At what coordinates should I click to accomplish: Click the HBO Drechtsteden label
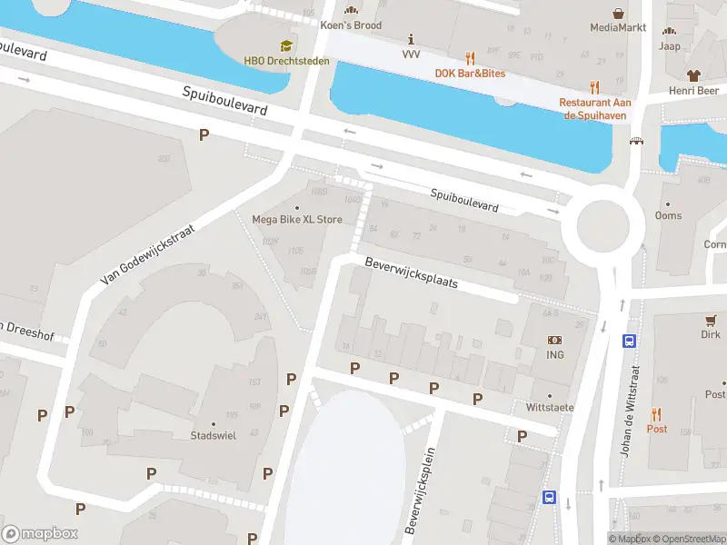[x=286, y=61]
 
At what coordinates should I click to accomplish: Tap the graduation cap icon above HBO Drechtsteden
[x=286, y=45]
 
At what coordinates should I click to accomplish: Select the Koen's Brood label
[x=351, y=25]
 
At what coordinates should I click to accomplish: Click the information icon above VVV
[x=412, y=39]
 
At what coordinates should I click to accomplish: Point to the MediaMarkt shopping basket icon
[x=619, y=14]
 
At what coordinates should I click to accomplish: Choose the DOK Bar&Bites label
[x=470, y=73]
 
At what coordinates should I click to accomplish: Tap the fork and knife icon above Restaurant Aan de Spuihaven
[x=594, y=87]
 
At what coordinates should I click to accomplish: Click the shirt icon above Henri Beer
[x=694, y=76]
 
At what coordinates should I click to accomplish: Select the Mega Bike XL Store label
[x=297, y=219]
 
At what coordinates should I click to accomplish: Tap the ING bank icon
[x=554, y=340]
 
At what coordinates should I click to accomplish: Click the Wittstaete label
[x=550, y=408]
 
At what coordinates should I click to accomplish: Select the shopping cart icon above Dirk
[x=712, y=320]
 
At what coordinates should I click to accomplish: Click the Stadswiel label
[x=214, y=436]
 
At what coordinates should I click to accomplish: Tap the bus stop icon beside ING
[x=628, y=342]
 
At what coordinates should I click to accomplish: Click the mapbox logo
[x=40, y=534]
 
